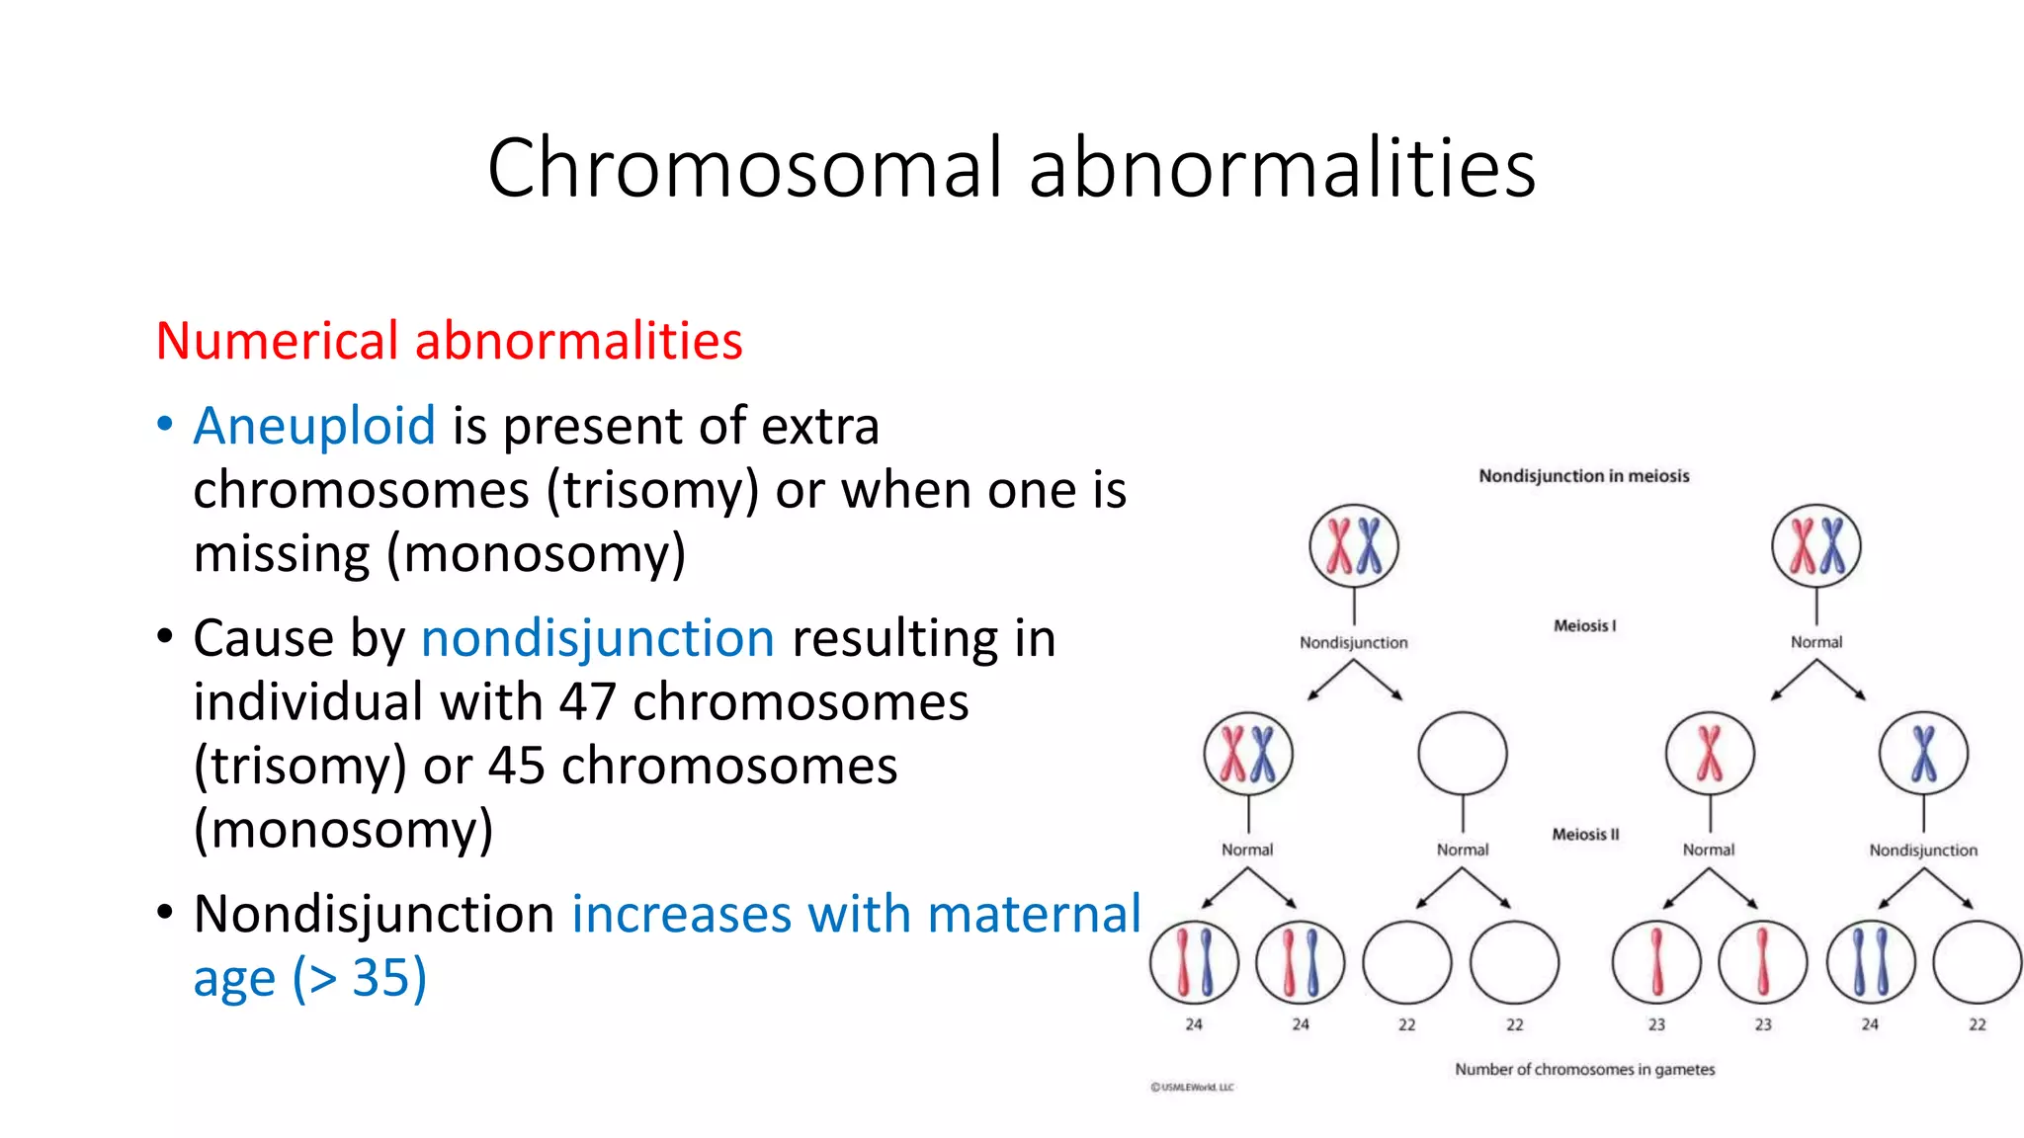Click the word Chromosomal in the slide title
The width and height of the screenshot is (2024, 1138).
click(745, 168)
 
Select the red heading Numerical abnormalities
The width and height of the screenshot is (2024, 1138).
click(449, 341)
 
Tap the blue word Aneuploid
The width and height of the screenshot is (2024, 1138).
click(314, 426)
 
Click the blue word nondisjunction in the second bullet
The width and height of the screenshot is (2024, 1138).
click(597, 638)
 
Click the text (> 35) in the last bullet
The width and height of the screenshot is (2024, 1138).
click(359, 978)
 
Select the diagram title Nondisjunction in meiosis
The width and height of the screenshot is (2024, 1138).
click(1583, 476)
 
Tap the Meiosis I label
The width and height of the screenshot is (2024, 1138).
click(1584, 625)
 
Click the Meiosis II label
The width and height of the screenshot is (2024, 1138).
click(1585, 835)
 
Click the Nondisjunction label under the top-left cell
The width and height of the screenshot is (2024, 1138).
click(1353, 643)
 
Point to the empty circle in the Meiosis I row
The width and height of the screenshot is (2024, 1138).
click(1462, 754)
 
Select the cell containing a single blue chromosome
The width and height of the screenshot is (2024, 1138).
click(1923, 754)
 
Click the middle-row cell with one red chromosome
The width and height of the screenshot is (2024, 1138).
click(1710, 754)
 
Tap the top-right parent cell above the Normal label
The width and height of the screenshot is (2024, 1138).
click(1815, 545)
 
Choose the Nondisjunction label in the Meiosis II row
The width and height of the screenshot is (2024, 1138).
click(1923, 851)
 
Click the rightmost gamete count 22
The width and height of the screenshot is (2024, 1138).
click(1977, 1025)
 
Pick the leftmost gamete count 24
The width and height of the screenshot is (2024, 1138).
click(1194, 1025)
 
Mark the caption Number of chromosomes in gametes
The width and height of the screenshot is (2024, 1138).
click(1584, 1070)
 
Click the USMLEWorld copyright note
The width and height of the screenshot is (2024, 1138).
click(1192, 1088)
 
